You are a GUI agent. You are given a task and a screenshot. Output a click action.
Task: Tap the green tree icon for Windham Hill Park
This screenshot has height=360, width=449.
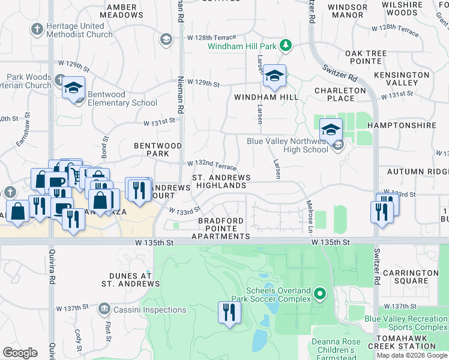[286, 45]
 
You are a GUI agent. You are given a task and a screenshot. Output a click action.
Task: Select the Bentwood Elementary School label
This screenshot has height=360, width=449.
[122, 98]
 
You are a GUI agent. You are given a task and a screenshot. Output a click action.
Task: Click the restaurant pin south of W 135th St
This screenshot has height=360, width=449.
[229, 312]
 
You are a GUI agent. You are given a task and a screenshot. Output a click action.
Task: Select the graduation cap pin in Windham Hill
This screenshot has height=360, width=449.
[274, 76]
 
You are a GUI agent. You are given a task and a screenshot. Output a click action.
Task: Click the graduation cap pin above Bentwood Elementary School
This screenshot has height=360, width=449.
[73, 88]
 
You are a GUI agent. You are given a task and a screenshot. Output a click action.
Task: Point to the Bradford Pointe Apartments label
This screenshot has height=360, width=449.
[221, 229]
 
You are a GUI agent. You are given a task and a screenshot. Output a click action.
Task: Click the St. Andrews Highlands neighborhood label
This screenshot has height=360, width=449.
[221, 182]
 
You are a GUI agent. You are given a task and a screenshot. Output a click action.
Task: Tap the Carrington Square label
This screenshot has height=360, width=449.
[411, 277]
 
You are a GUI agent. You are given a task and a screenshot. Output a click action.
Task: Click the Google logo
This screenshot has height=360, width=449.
[20, 353]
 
